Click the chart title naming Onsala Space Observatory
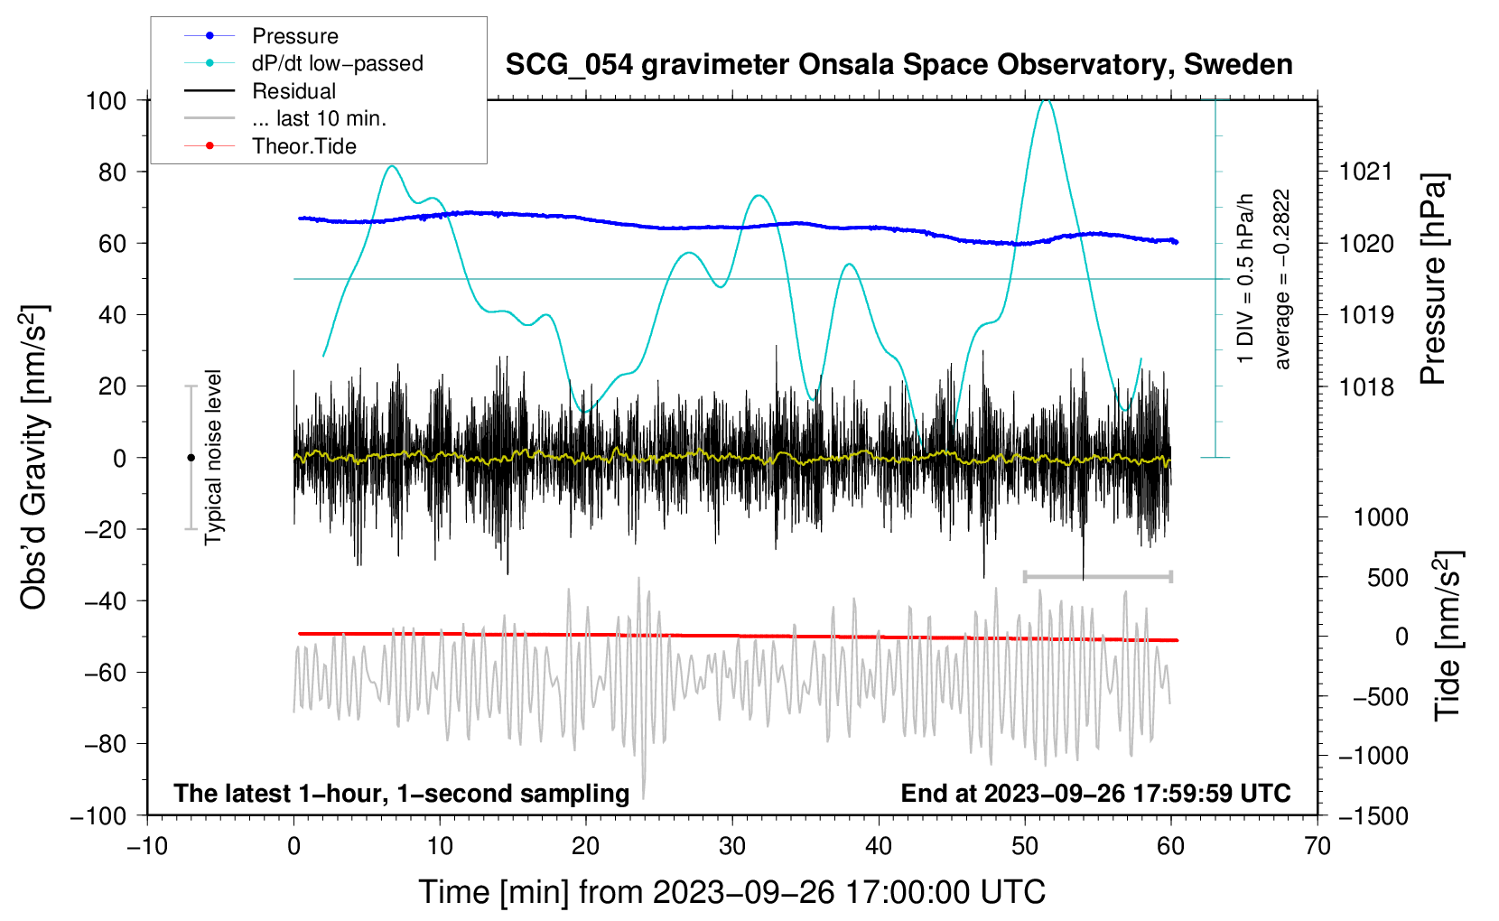click(x=898, y=65)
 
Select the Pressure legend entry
click(x=294, y=36)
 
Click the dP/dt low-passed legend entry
click(x=337, y=63)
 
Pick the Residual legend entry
click(x=293, y=91)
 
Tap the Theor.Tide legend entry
click(x=303, y=146)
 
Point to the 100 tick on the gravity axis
click(x=106, y=100)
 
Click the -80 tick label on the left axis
click(x=105, y=744)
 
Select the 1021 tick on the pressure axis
click(x=1366, y=172)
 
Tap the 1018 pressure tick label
click(x=1366, y=387)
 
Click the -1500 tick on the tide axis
click(x=1373, y=816)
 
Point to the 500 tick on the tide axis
click(x=1387, y=578)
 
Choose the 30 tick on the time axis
click(x=732, y=846)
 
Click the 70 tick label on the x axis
click(x=1317, y=846)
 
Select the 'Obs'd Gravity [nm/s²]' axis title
click(x=34, y=457)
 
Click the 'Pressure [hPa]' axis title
click(x=1433, y=280)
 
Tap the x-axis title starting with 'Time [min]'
click(x=731, y=892)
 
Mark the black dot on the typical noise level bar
click(x=191, y=458)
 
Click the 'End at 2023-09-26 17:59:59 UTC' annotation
click(x=1095, y=793)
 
